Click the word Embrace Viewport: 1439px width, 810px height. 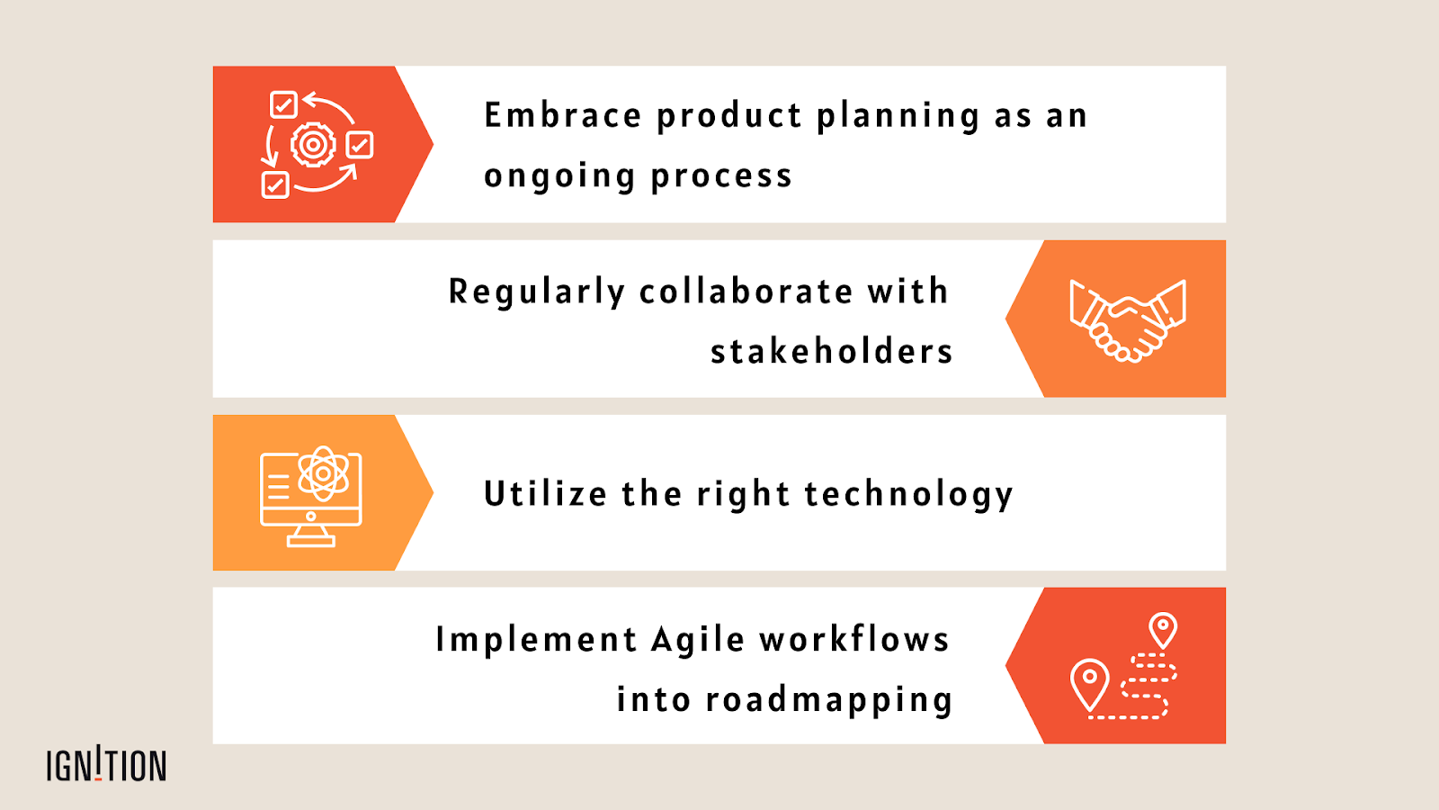point(563,115)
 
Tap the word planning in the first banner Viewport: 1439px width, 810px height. point(898,117)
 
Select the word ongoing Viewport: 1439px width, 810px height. point(559,176)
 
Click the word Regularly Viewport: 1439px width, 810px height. point(536,292)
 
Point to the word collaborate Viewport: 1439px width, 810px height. point(746,292)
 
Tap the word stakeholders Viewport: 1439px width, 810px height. point(831,351)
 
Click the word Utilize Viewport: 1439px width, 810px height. point(545,494)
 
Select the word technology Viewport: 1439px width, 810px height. point(908,495)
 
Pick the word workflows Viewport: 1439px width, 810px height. point(854,639)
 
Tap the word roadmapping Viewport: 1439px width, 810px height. point(828,700)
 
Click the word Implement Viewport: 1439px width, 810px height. point(536,640)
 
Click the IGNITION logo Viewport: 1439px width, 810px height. point(106,765)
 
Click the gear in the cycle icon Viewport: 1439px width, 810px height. point(313,144)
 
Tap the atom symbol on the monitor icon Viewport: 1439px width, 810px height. point(323,473)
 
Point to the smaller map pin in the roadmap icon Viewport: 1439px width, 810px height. point(1163,629)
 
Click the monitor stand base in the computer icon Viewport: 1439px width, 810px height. point(311,540)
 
